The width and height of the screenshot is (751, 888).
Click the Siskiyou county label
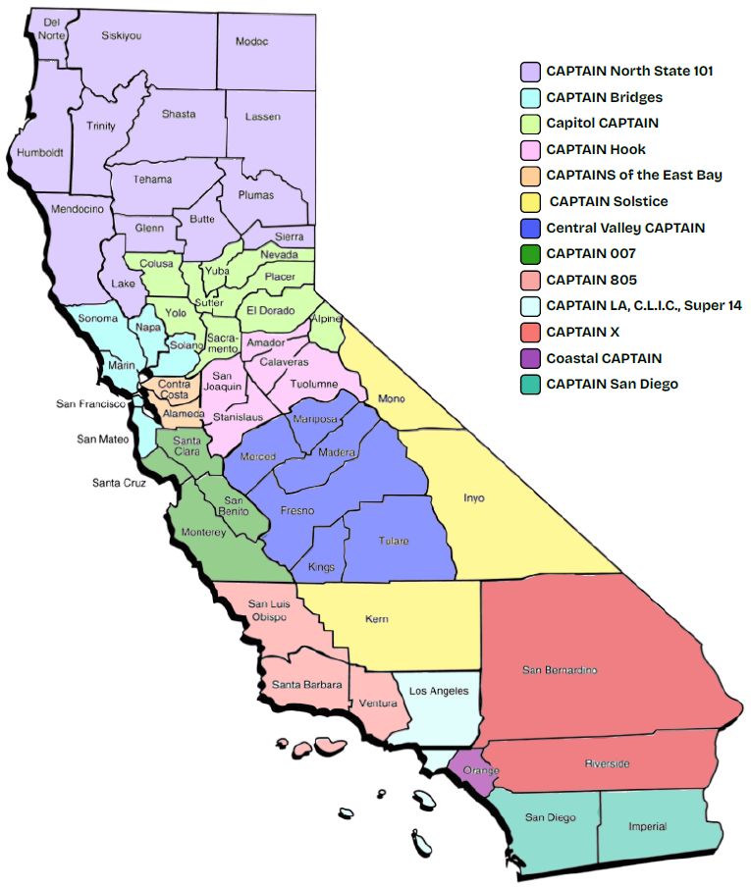coord(122,35)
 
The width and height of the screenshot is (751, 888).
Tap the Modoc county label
coord(252,41)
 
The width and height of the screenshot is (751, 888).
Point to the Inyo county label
coord(474,497)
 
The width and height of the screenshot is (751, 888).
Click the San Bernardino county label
coord(560,670)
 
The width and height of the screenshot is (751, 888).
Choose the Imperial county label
coord(647,826)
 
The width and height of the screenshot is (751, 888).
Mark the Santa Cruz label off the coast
coord(120,483)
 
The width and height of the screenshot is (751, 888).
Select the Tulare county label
coord(394,541)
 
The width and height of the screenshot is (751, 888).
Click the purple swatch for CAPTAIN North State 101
coord(531,72)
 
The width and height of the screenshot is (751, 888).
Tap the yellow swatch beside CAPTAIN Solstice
coord(531,202)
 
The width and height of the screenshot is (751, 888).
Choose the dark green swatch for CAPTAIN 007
coord(531,254)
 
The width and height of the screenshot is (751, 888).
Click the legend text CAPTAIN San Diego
coord(612,384)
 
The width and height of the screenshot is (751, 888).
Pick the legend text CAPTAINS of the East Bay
coord(634,175)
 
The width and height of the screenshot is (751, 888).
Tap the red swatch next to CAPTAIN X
coord(531,333)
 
